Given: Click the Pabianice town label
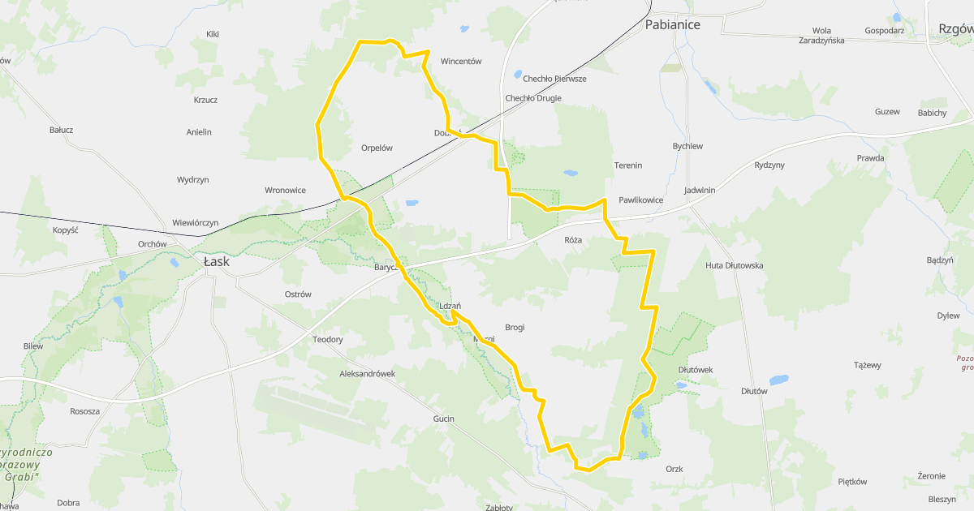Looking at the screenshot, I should click(672, 24).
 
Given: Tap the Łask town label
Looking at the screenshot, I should click(217, 262).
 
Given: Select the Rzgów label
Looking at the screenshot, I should click(955, 28).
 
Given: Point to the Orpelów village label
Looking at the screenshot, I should click(377, 148).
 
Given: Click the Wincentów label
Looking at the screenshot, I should click(461, 61).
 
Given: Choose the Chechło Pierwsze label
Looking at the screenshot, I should click(554, 79).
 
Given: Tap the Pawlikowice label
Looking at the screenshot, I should click(641, 200).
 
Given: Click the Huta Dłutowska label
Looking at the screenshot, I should click(735, 265).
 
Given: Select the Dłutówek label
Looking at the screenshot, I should click(695, 370).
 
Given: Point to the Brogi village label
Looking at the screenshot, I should click(515, 328).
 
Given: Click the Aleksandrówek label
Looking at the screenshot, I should click(368, 374).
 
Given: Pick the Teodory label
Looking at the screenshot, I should click(328, 339).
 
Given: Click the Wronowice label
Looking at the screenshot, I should click(286, 191).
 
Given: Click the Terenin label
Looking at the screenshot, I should click(628, 165).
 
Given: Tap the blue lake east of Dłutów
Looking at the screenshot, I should click(779, 380).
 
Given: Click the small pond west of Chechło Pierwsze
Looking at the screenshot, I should click(518, 75).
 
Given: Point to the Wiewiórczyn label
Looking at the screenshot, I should click(196, 223).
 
